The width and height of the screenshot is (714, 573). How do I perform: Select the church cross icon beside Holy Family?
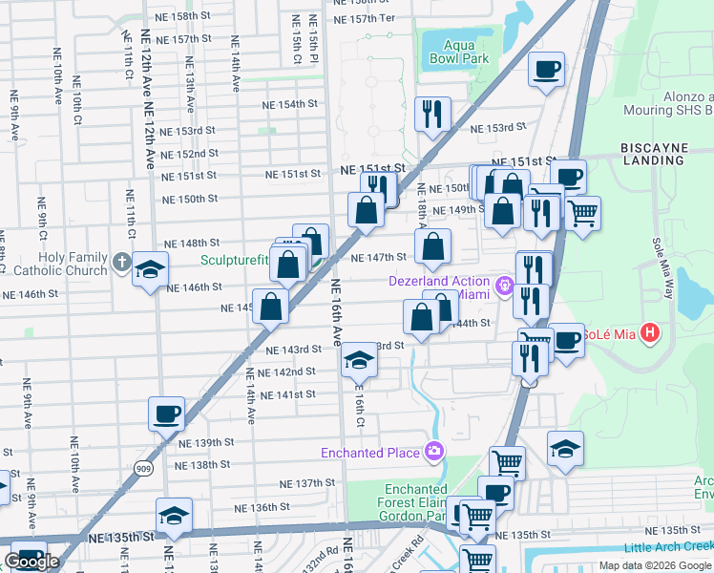120,260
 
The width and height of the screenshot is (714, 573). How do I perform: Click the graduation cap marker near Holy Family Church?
150,270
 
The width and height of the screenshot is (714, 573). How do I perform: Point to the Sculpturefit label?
235,259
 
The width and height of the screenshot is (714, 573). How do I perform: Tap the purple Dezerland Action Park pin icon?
505,283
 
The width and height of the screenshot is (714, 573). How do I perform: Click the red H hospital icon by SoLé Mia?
650,333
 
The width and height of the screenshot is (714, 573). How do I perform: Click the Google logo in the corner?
31,562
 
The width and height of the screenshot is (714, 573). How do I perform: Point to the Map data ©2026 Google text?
654,565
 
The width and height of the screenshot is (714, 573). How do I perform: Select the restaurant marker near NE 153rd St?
432,115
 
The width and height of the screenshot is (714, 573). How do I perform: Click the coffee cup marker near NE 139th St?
166,414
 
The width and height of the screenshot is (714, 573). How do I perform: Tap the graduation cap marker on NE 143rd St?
359,359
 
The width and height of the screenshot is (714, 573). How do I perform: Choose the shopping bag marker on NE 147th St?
433,246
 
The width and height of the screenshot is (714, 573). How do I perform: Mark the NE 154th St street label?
290,104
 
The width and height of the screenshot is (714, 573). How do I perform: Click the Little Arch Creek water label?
668,547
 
